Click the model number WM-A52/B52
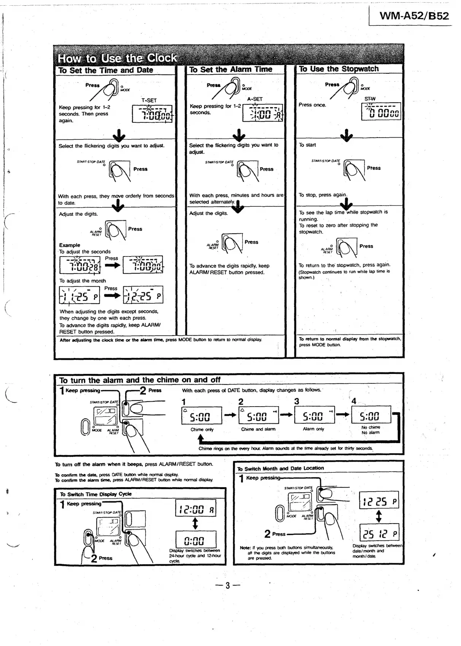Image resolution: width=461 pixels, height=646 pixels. [x=414, y=16]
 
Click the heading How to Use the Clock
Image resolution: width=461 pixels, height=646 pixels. [x=117, y=58]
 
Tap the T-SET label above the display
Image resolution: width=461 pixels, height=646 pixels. [x=149, y=100]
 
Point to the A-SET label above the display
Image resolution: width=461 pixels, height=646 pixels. [x=255, y=99]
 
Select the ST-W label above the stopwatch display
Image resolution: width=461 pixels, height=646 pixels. [x=370, y=99]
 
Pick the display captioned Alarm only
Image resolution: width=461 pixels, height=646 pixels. [x=314, y=416]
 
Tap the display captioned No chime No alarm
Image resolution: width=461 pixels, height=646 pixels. [x=370, y=415]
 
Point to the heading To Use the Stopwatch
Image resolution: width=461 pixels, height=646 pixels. [x=339, y=69]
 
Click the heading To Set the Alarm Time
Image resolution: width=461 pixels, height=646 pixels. [x=230, y=70]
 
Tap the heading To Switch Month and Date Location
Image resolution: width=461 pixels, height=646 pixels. [x=280, y=469]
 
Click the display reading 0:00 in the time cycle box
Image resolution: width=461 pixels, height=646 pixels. [x=196, y=540]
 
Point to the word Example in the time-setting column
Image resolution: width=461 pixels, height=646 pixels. [x=70, y=245]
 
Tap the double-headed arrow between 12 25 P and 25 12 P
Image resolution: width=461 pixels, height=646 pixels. [x=379, y=516]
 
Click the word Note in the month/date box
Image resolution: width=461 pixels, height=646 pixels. [x=245, y=548]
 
